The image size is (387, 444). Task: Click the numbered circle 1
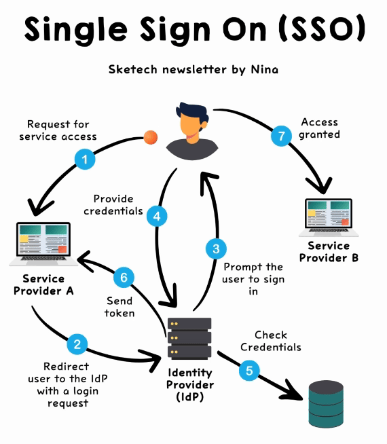pyautogui.click(x=84, y=160)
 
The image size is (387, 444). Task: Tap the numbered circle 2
pyautogui.click(x=77, y=344)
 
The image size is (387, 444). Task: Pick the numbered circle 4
pyautogui.click(x=157, y=217)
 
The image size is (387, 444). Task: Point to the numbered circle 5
pyautogui.click(x=248, y=371)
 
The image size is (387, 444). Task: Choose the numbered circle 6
pyautogui.click(x=123, y=277)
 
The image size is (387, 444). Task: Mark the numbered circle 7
pyautogui.click(x=279, y=135)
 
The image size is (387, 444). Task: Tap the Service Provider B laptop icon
pyautogui.click(x=329, y=217)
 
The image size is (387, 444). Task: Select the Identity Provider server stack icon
pyautogui.click(x=189, y=339)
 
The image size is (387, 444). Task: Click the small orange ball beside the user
pyautogui.click(x=151, y=137)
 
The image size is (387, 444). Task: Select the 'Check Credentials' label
pyautogui.click(x=271, y=341)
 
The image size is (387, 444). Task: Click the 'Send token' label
pyautogui.click(x=119, y=306)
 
